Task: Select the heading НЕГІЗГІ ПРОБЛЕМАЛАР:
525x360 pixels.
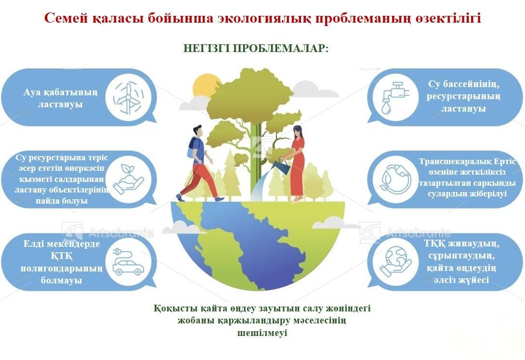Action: pyautogui.click(x=256, y=48)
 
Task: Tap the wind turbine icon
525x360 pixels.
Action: pyautogui.click(x=128, y=98)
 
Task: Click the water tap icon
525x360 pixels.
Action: pyautogui.click(x=395, y=98)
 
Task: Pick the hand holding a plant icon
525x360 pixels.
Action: pyautogui.click(x=128, y=180)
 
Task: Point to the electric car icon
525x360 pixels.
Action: pyautogui.click(x=128, y=262)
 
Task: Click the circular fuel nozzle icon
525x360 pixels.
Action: pyautogui.click(x=395, y=180)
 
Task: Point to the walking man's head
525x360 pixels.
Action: pyautogui.click(x=198, y=131)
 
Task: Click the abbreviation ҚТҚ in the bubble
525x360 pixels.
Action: pyautogui.click(x=62, y=256)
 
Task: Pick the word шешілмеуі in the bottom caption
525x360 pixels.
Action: pyautogui.click(x=262, y=333)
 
